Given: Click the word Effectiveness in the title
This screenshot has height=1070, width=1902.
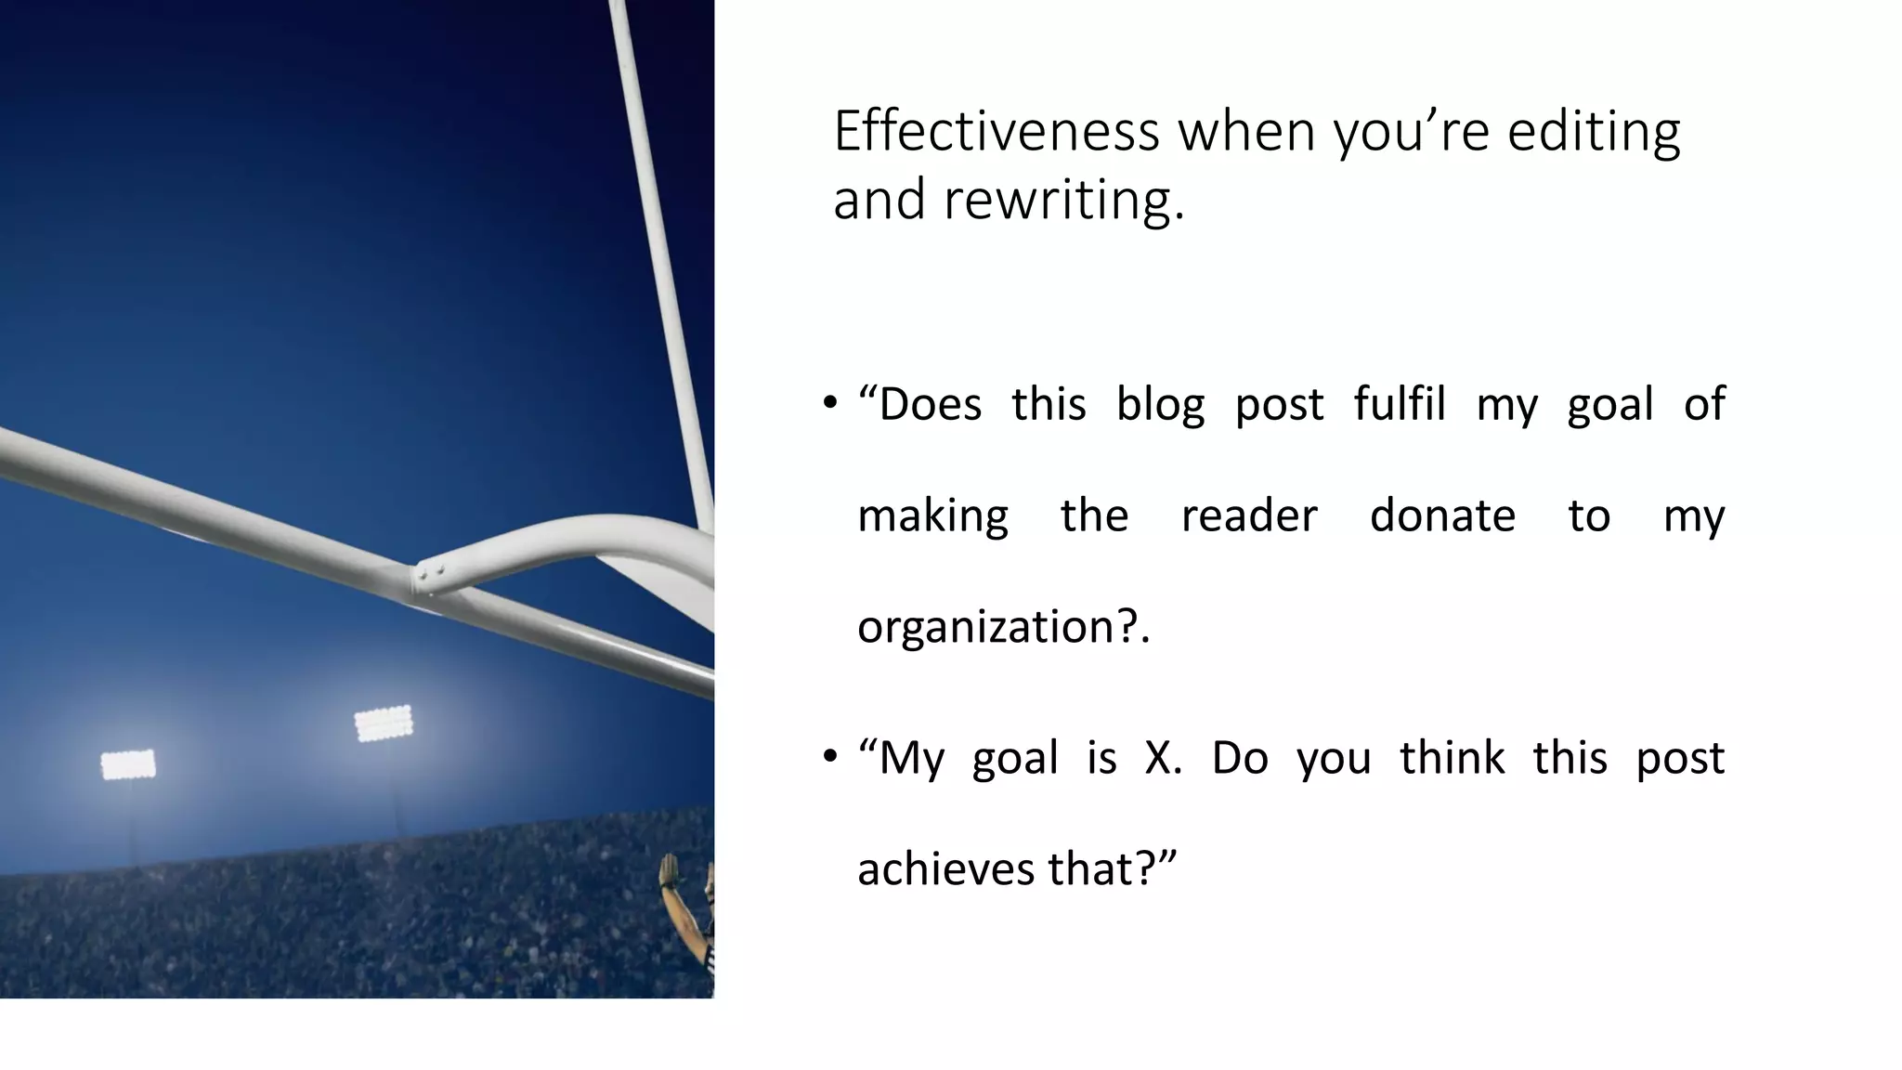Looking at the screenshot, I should coord(996,131).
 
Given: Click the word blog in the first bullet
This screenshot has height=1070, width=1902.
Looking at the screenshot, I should coord(1160,405).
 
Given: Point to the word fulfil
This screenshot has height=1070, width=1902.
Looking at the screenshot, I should coord(1400,404).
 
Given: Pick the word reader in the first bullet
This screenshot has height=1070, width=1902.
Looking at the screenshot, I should coord(1249,515).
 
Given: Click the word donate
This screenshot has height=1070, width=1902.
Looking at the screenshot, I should coord(1442,515).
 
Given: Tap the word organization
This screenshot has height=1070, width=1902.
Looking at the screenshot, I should coord(984,627).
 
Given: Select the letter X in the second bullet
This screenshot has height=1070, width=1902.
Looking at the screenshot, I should coord(1159,758).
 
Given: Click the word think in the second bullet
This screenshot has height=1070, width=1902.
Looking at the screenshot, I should coord(1452,758).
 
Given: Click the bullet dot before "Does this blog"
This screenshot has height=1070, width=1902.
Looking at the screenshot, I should coord(830,404).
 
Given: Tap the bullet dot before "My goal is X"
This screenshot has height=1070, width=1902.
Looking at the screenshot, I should coord(830,758).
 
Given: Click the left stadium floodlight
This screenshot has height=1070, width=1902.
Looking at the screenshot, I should coord(128,764).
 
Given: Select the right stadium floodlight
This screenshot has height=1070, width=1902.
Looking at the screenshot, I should coord(383,723).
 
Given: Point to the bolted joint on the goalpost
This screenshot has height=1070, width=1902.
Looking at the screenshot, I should coord(430,574).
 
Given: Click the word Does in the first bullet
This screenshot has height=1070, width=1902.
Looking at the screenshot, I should coord(930,405).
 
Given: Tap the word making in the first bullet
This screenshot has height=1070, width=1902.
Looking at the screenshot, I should coord(932,516).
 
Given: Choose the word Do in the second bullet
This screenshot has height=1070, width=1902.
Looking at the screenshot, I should coord(1239,758).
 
